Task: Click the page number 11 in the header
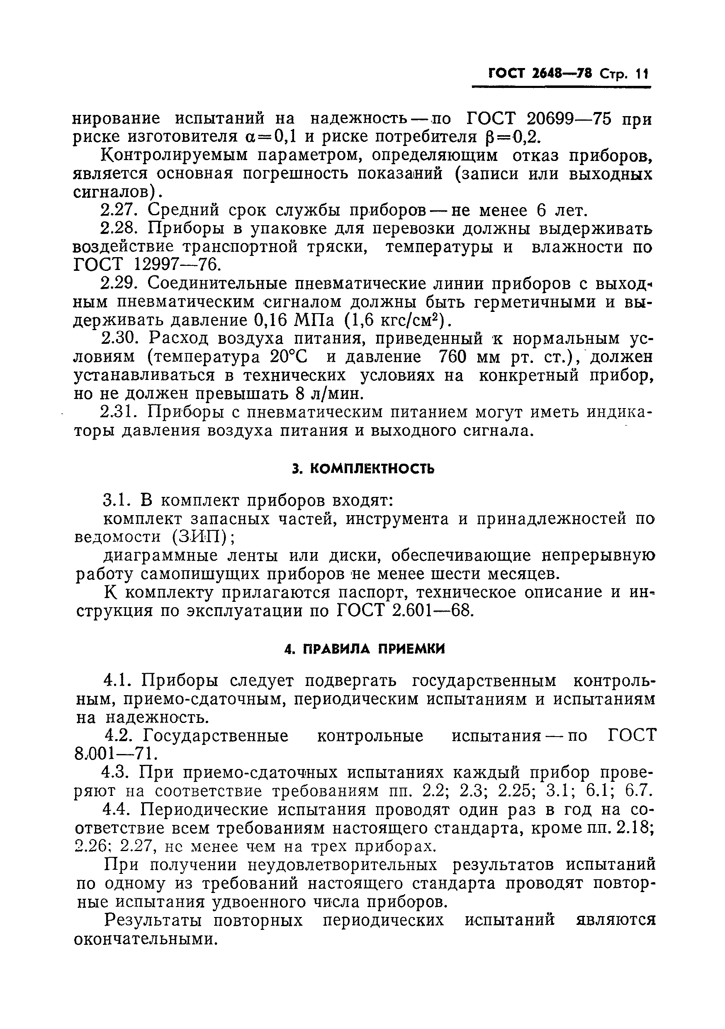pos(642,73)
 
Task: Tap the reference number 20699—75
pos(569,119)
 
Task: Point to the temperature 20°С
pos(289,357)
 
